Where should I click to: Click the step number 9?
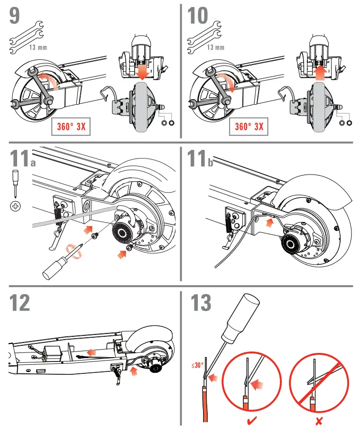click(15, 15)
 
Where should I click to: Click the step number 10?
click(198, 15)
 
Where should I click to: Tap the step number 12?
click(19, 303)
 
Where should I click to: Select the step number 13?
click(201, 303)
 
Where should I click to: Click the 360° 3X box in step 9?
click(70, 126)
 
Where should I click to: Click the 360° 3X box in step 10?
click(249, 126)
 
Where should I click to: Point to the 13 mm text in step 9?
click(38, 47)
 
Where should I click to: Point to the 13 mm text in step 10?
click(216, 47)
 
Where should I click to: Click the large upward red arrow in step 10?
click(321, 71)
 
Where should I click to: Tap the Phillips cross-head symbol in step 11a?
click(15, 206)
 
